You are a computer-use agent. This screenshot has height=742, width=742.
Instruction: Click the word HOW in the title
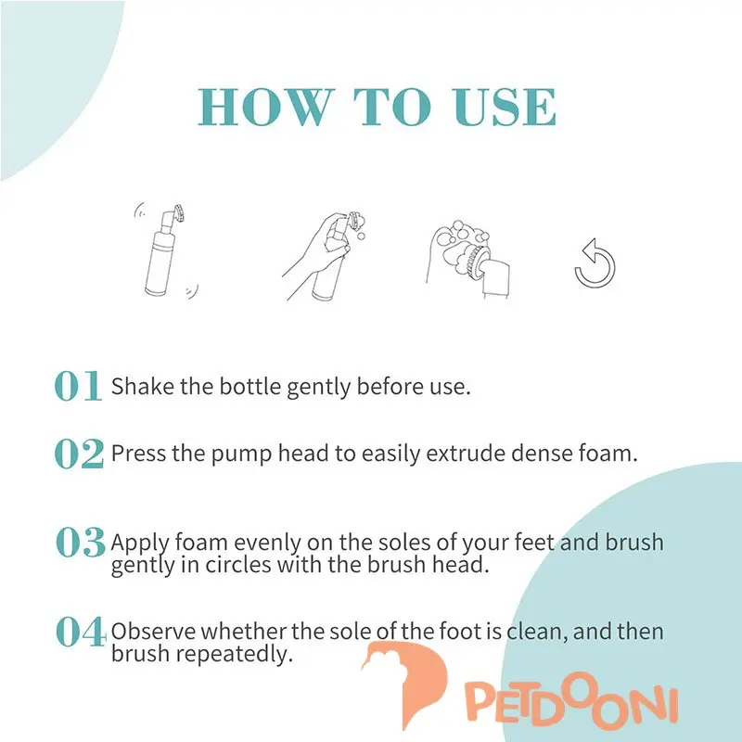[264, 108]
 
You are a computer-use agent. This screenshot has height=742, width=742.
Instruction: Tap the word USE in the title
[505, 108]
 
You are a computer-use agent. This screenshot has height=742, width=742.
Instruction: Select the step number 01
[78, 386]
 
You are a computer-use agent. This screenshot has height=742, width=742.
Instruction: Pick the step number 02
[79, 454]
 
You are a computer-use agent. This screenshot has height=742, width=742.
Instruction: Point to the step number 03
[81, 542]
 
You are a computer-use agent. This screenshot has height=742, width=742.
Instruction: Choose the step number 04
[81, 632]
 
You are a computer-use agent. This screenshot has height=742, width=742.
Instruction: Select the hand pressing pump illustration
[324, 256]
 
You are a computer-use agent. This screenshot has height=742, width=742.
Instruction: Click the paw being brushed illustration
[468, 259]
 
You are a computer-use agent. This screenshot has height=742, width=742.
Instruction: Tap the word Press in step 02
[138, 454]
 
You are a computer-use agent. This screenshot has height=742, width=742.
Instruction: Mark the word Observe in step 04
[153, 632]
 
